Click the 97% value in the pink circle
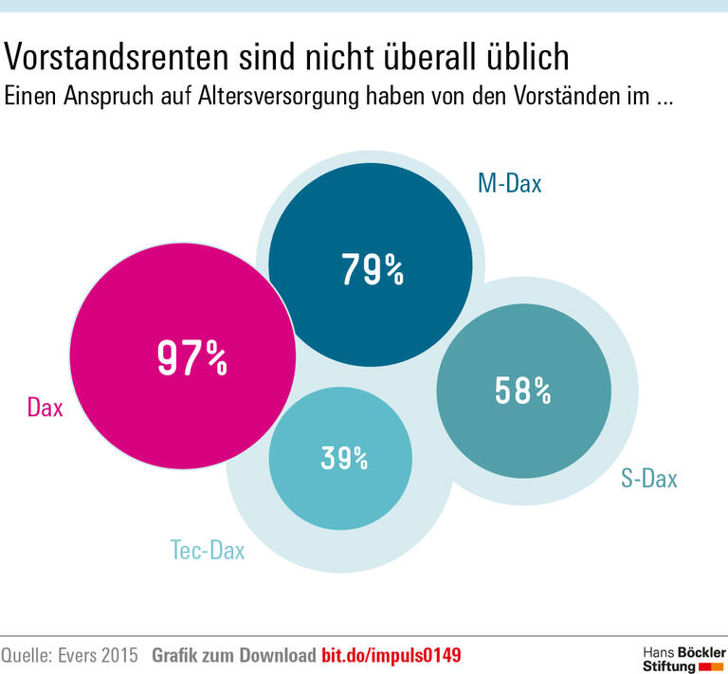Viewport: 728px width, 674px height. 191,358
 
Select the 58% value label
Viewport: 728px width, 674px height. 522,390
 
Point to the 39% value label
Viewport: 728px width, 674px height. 343,458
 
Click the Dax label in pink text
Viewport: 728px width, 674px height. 45,409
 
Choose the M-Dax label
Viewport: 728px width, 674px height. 509,183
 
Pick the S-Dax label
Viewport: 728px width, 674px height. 649,479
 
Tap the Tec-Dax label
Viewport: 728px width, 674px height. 207,549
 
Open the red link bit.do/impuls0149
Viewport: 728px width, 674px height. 391,655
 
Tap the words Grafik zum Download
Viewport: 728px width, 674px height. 233,655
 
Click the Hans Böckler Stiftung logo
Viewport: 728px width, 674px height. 683,659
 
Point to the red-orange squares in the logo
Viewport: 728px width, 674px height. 710,666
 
